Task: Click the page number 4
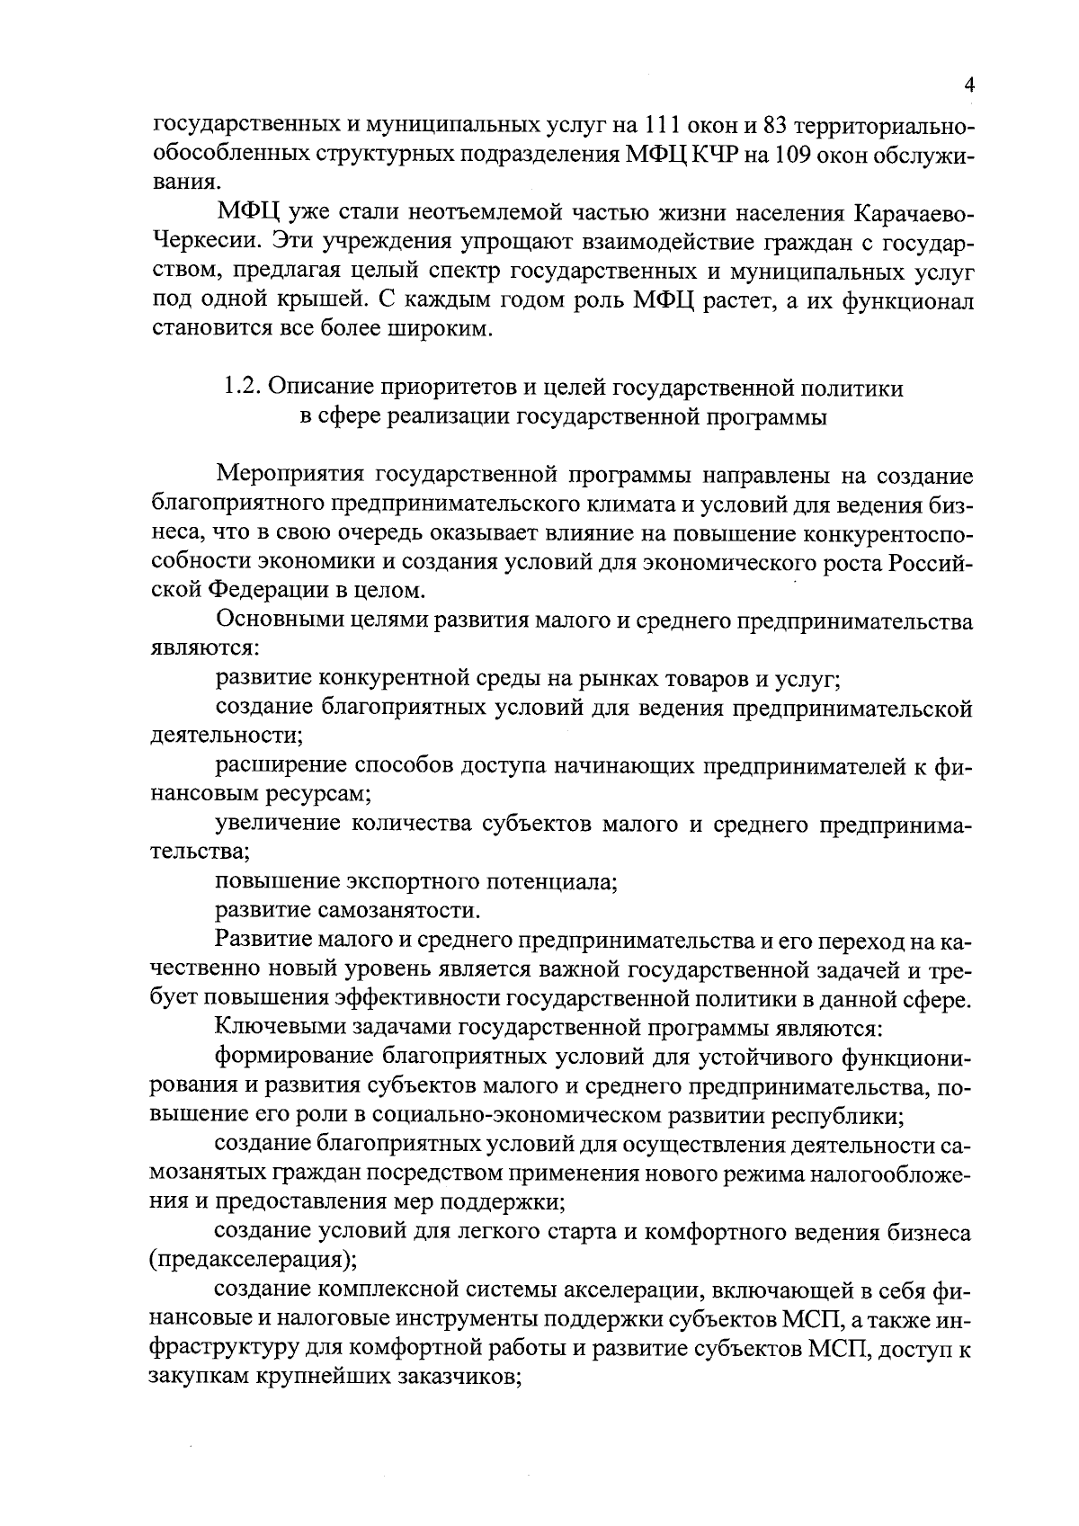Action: [x=968, y=85]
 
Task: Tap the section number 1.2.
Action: [x=240, y=388]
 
